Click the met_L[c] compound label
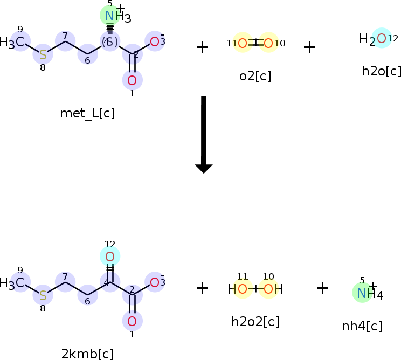coord(87,114)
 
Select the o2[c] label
coord(255,76)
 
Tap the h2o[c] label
coord(382,71)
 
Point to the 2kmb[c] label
coord(87,354)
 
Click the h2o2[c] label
coord(255,322)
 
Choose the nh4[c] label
coord(362,326)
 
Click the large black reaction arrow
coord(204,134)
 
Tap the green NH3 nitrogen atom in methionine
coord(110,16)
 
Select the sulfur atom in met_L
coord(43,55)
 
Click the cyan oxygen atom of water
coord(382,38)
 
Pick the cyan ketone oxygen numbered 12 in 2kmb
coord(110,257)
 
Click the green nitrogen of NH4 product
coord(362,293)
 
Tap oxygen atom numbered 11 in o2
coord(243,43)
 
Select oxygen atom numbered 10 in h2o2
coord(268,289)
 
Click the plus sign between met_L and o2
coord(202,47)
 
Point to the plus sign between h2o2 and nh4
coord(322,288)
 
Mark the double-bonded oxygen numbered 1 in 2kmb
coord(132,322)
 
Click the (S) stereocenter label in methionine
coord(109,42)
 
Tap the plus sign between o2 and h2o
coord(309,47)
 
